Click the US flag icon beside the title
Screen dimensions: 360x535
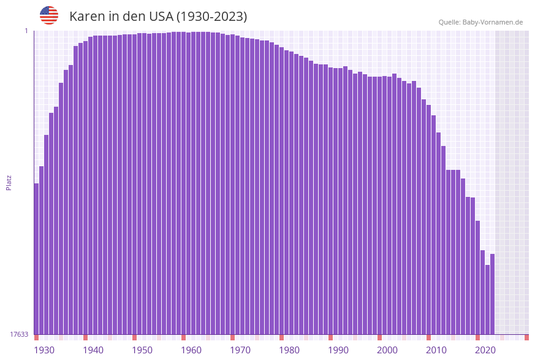pos(49,15)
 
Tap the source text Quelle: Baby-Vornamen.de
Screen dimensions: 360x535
pos(480,22)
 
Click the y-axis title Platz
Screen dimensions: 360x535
pos(9,182)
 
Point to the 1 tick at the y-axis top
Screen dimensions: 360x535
pos(26,31)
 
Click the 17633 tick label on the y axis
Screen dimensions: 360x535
pos(19,334)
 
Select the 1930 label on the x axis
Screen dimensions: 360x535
pos(44,350)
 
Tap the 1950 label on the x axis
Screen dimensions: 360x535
pos(142,350)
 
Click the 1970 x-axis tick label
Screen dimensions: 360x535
pos(240,350)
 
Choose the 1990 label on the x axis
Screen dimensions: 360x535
pos(338,350)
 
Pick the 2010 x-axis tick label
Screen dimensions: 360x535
pos(436,350)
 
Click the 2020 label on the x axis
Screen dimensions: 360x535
pos(485,350)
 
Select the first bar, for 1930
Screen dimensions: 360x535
pos(37,258)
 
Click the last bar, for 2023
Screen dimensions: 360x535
pos(492,294)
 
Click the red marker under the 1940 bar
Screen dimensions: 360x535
pos(85,337)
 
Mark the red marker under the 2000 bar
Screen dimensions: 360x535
pos(379,337)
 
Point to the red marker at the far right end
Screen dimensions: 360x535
pos(526,337)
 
